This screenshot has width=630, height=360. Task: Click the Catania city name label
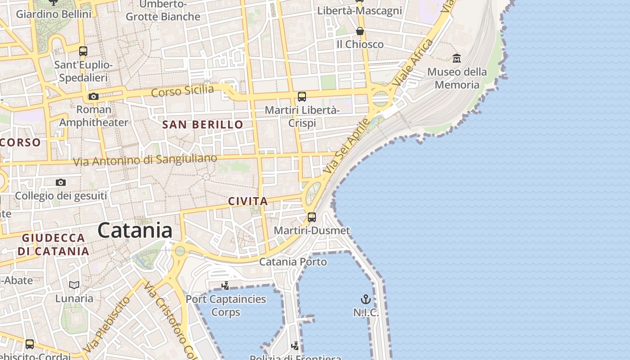pyautogui.click(x=135, y=231)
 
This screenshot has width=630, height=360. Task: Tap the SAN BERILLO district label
pyautogui.click(x=202, y=125)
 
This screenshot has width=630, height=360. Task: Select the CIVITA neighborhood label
pyautogui.click(x=248, y=201)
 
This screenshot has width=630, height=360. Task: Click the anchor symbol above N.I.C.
pyautogui.click(x=365, y=299)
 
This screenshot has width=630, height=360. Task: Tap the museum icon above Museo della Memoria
pyautogui.click(x=457, y=58)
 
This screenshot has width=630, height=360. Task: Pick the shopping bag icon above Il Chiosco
pyautogui.click(x=360, y=31)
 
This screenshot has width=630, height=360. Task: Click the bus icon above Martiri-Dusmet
pyautogui.click(x=311, y=217)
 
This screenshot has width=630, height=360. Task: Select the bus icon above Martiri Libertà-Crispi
pyautogui.click(x=301, y=96)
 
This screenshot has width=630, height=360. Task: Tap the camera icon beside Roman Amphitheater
pyautogui.click(x=94, y=96)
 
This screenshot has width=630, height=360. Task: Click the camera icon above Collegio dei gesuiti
pyautogui.click(x=61, y=182)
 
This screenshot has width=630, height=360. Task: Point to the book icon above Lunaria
pyautogui.click(x=74, y=285)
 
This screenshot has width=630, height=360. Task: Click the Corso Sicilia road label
pyautogui.click(x=182, y=91)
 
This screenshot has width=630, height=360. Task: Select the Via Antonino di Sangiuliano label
pyautogui.click(x=145, y=160)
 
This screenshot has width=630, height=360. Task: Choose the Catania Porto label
pyautogui.click(x=293, y=261)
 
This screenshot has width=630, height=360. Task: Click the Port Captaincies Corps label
pyautogui.click(x=225, y=305)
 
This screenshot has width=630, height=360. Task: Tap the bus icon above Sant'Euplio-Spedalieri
pyautogui.click(x=83, y=51)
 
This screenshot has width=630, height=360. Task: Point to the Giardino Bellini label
pyautogui.click(x=54, y=14)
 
